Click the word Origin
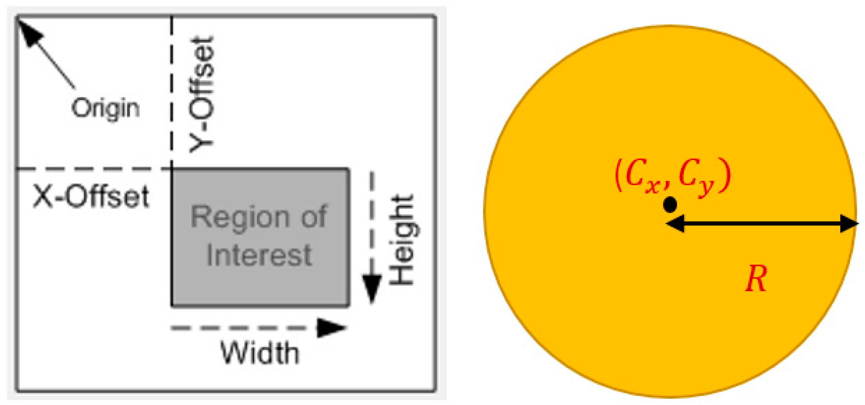(x=105, y=108)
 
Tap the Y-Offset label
(x=202, y=95)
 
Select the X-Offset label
(x=91, y=196)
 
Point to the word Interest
(x=259, y=255)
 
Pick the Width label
(x=260, y=353)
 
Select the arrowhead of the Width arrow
(x=331, y=328)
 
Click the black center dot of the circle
(x=670, y=205)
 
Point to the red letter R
(x=756, y=279)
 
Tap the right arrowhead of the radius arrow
(x=848, y=224)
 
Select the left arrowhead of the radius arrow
(x=675, y=224)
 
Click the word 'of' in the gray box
(x=313, y=217)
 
